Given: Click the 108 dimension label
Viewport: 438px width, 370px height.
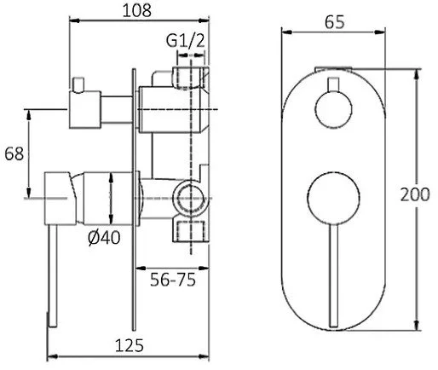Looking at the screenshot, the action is [x=137, y=11].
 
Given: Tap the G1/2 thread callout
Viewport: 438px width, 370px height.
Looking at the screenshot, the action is [x=185, y=41].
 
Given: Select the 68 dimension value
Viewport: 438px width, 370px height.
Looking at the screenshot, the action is [x=14, y=153].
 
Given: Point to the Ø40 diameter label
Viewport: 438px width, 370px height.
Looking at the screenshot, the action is [x=104, y=238].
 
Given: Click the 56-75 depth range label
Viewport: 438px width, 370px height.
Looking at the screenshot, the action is [x=173, y=280].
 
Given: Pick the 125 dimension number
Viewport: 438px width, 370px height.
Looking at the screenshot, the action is [x=130, y=346].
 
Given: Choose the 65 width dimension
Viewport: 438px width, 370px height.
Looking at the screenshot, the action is [x=335, y=22].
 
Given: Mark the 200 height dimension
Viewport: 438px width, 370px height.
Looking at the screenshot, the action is [x=415, y=195].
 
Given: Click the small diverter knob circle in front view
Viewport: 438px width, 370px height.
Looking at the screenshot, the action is [x=333, y=110].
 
